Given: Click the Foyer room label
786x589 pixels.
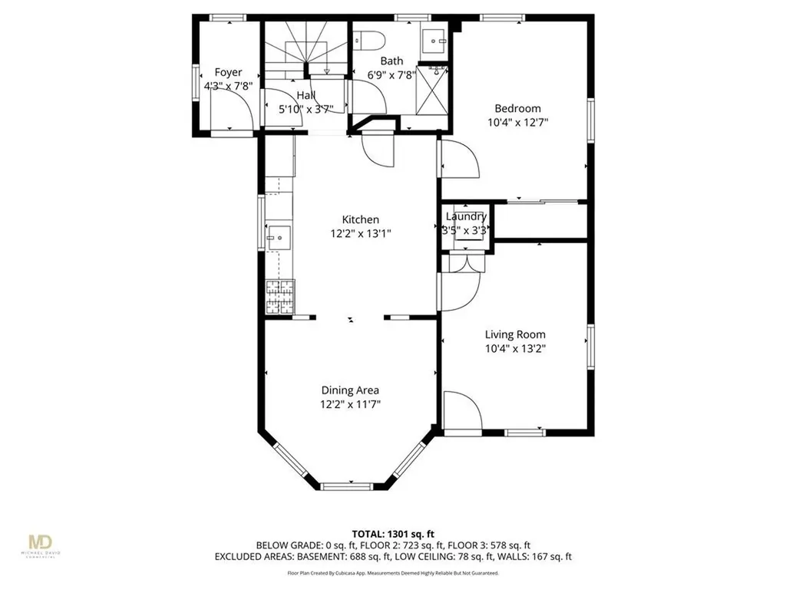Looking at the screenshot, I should [x=228, y=73].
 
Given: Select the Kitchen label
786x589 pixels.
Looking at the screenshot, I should [x=361, y=219].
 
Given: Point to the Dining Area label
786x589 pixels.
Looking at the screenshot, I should [x=350, y=390].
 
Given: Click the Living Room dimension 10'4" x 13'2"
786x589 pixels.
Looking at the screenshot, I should [x=515, y=348].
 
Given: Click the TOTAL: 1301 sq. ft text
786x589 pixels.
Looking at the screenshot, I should [x=392, y=533].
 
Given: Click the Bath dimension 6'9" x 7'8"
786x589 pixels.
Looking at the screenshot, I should [x=391, y=74].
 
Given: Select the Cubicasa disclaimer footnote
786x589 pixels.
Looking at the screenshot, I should [x=392, y=573].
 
